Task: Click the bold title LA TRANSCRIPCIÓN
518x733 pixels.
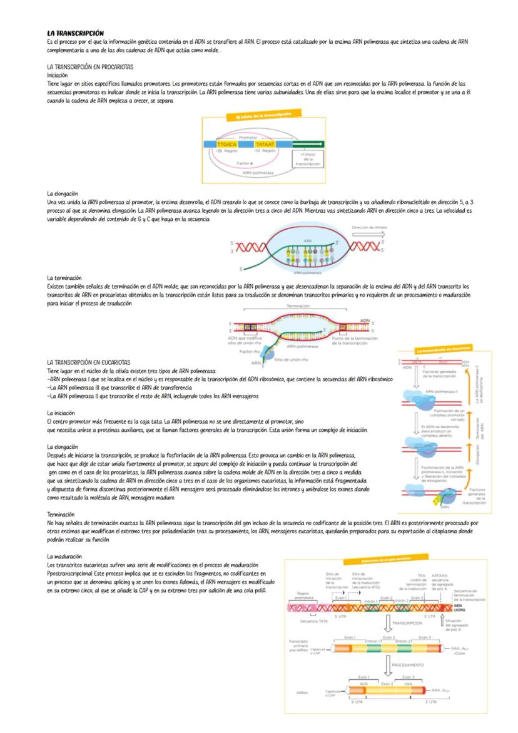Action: (x=76, y=33)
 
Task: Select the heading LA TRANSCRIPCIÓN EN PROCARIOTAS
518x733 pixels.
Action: (x=90, y=66)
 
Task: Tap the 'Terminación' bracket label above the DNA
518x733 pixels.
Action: (x=298, y=306)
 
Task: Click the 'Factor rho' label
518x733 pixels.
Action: (x=250, y=351)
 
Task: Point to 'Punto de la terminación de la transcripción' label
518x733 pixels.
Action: (x=353, y=341)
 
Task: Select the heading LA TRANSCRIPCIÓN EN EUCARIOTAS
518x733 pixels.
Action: (x=89, y=362)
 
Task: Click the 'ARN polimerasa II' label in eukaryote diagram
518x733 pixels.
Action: (x=439, y=390)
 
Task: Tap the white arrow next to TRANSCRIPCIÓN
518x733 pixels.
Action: (x=387, y=623)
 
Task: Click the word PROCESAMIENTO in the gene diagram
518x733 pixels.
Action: (x=407, y=665)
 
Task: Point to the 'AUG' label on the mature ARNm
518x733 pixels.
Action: (x=363, y=684)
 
